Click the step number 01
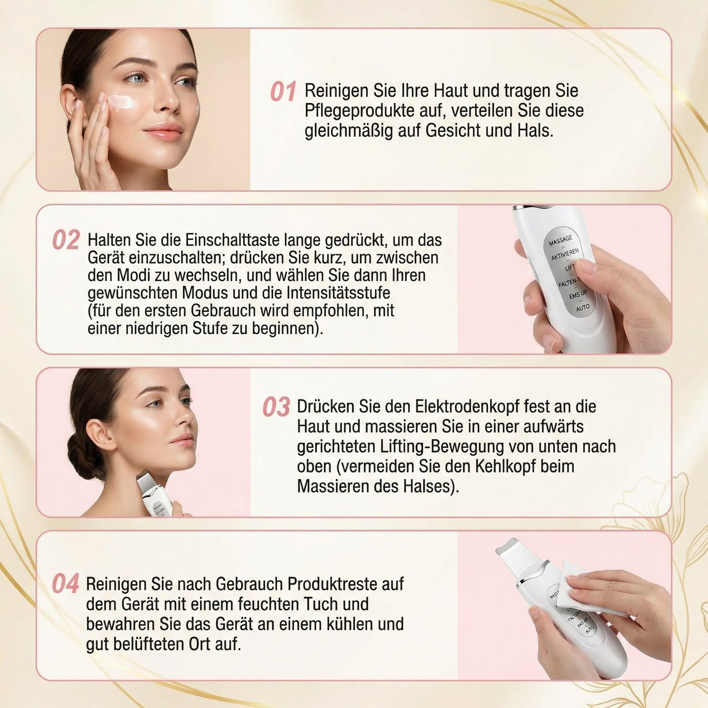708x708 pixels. tap(283, 92)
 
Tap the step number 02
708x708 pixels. tap(66, 240)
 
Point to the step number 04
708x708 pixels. tap(65, 584)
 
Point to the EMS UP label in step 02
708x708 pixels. tap(578, 294)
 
